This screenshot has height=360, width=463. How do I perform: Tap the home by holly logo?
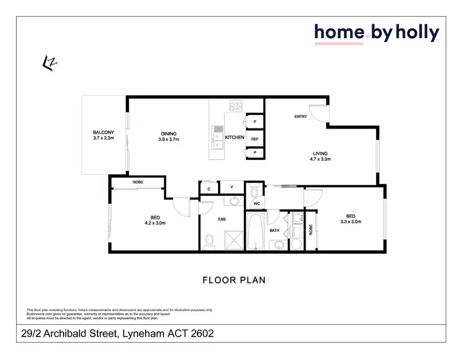(377, 33)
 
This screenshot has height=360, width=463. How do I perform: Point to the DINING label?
(169, 134)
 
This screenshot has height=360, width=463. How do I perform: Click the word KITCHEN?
(235, 137)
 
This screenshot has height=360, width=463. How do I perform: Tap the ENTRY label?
(301, 117)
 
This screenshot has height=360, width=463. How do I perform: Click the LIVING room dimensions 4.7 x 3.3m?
(320, 159)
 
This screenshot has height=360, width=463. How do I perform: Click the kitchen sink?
(217, 137)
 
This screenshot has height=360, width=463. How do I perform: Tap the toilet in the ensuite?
(210, 240)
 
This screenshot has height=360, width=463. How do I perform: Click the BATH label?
(275, 231)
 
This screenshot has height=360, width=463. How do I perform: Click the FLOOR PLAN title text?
(234, 280)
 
